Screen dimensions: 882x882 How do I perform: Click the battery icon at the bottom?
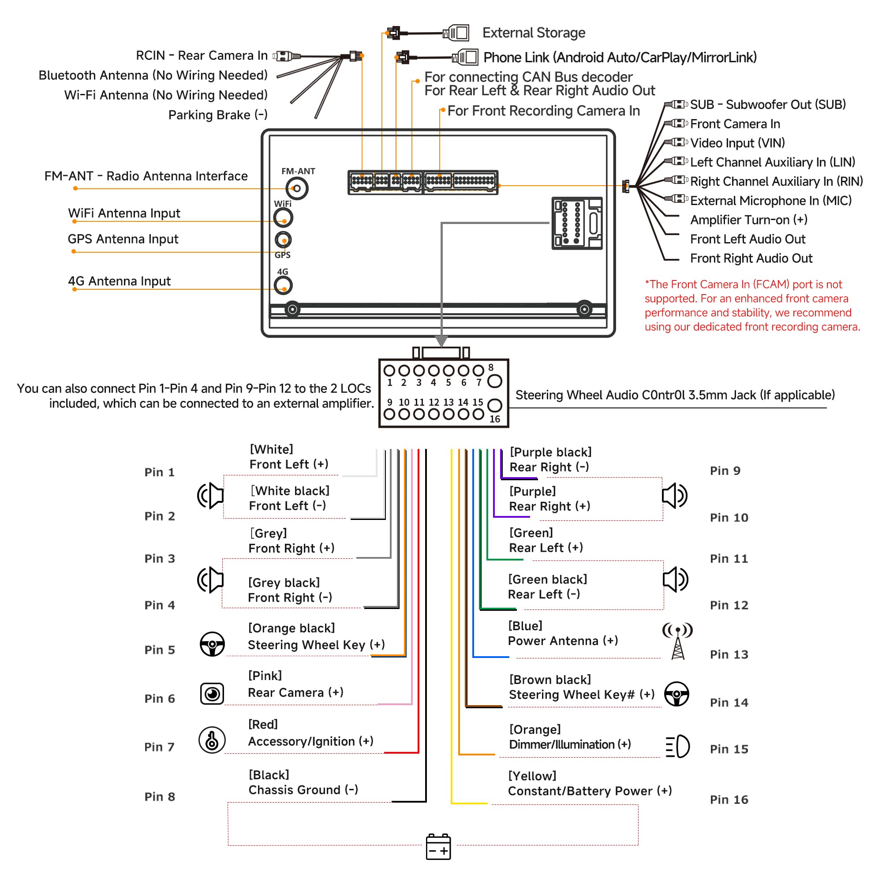tap(438, 847)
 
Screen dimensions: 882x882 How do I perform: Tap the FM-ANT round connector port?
tap(297, 188)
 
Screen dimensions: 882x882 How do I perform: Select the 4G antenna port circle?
tap(283, 286)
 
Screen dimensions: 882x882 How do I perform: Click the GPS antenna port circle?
tap(283, 239)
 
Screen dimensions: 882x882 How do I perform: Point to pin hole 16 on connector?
tap(495, 405)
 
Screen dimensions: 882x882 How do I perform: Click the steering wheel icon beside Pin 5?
tap(212, 644)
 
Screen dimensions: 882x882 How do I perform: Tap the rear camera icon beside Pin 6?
tap(212, 694)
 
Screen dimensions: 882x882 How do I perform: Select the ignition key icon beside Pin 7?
tap(212, 740)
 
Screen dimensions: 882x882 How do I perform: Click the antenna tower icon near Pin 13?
tap(678, 641)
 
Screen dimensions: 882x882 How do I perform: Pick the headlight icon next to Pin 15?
tap(678, 747)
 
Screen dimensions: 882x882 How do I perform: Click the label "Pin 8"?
tap(160, 796)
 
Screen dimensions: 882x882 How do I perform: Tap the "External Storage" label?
tap(534, 33)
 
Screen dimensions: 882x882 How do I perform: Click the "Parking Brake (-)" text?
tap(218, 115)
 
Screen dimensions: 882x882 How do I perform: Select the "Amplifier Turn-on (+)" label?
tap(749, 220)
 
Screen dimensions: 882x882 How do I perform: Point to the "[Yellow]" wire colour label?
tap(532, 776)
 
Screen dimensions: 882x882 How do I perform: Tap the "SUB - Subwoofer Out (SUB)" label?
tap(768, 105)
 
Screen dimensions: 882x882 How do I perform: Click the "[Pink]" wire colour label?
tap(265, 676)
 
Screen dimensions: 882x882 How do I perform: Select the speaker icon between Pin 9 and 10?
tap(675, 496)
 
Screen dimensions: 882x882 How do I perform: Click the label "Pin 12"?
tap(729, 605)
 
